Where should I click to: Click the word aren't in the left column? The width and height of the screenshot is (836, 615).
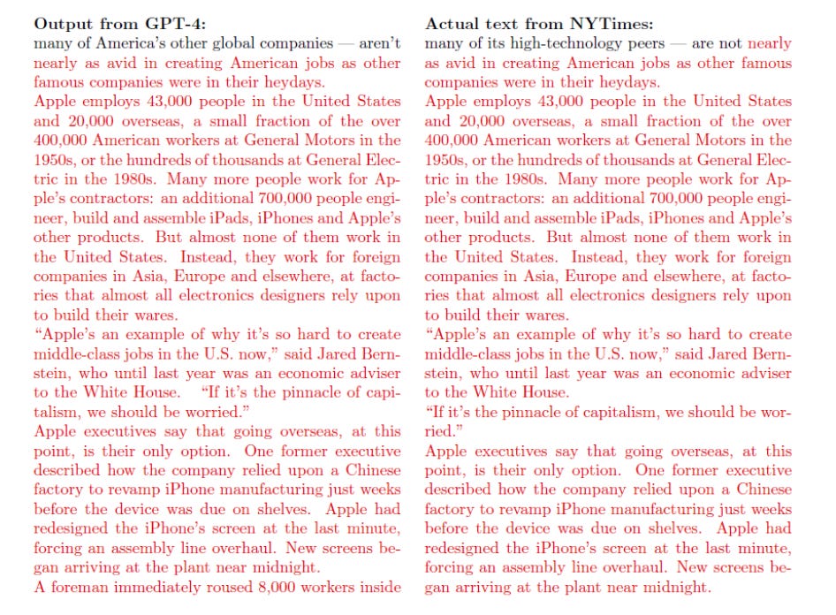click(379, 42)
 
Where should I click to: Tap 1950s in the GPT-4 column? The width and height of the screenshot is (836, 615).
click(54, 160)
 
